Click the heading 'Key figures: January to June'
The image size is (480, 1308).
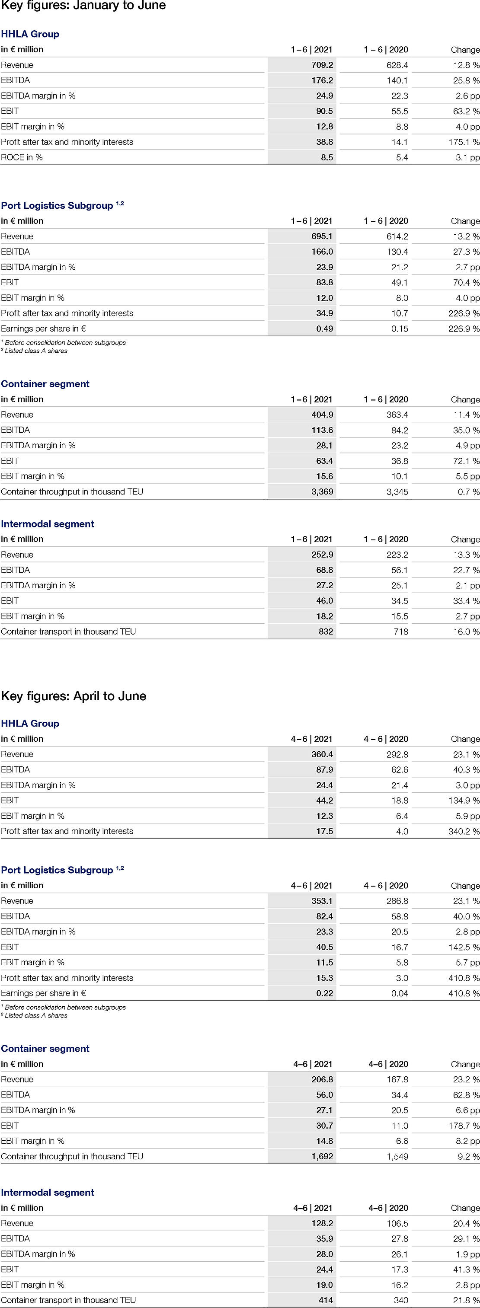coord(83,6)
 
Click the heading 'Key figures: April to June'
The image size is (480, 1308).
coord(74,695)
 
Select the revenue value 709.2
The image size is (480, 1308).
coord(322,65)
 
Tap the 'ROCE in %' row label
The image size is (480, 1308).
coord(22,157)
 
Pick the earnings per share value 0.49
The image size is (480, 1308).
coord(325,329)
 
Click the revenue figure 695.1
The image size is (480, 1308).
coord(322,236)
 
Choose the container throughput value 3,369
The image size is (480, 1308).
coord(322,491)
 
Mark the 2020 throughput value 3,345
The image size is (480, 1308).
coord(397,491)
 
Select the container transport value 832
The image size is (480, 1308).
coord(326,632)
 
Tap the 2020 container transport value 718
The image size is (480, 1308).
coord(401,632)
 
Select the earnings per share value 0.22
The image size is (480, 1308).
coord(325,993)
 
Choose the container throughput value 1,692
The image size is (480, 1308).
coord(322,1156)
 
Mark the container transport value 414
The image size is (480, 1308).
coord(326,1300)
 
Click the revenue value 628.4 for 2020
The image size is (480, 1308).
coord(397,65)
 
